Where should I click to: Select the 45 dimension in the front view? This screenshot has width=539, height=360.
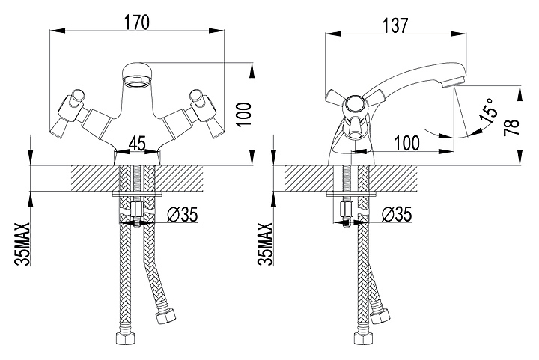coord(137,142)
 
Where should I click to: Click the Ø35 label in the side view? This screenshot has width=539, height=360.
coord(397,215)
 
